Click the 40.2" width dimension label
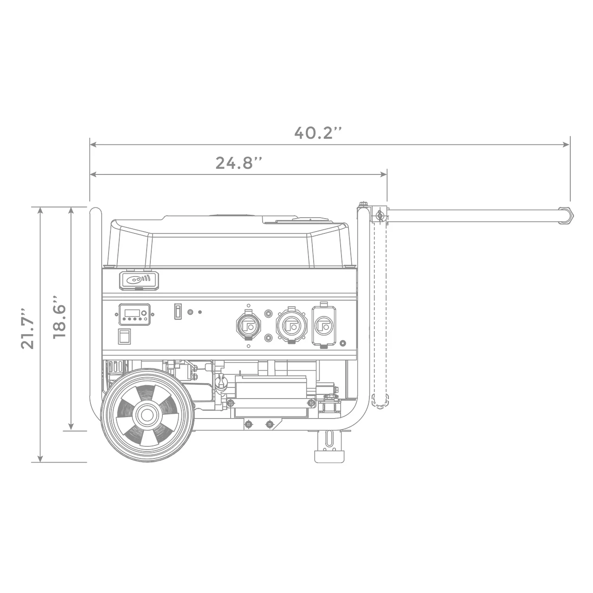[318, 133]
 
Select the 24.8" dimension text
[239, 163]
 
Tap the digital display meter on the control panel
[133, 314]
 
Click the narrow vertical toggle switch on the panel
[177, 312]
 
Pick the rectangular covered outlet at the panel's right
[323, 325]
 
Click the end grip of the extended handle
[565, 216]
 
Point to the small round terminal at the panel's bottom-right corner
[342, 343]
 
